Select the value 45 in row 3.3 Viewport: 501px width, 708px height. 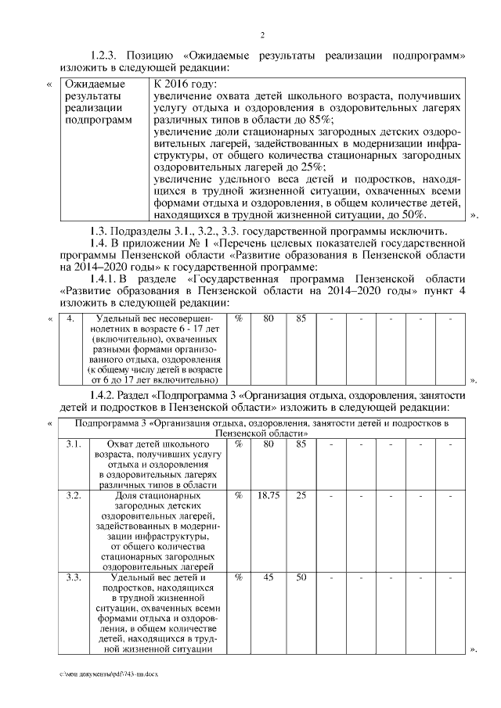point(269,577)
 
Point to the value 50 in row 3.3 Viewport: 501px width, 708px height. point(301,577)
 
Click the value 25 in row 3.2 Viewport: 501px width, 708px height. point(301,495)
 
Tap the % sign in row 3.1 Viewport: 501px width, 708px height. point(238,444)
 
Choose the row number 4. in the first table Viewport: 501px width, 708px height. point(70,318)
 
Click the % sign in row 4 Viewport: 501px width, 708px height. point(238,318)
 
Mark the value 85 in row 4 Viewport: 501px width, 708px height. point(301,318)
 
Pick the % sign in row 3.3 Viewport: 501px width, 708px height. point(238,577)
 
